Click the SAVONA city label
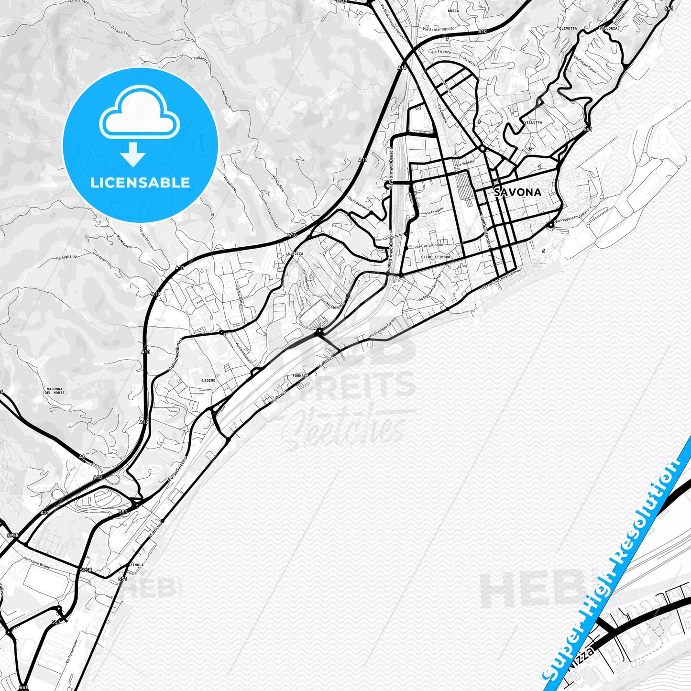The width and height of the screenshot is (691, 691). click(517, 192)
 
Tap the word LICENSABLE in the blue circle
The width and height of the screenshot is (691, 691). click(140, 183)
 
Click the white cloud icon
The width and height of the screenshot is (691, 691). click(139, 117)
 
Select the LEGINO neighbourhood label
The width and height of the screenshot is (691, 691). click(208, 380)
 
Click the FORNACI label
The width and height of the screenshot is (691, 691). click(300, 376)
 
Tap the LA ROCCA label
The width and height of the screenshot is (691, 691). click(294, 253)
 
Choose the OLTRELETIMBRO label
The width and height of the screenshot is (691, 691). click(436, 257)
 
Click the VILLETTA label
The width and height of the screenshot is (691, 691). click(533, 122)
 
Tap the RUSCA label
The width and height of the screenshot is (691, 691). click(453, 11)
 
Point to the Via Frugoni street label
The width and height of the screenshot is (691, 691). click(434, 211)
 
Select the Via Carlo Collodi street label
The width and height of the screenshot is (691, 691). click(429, 245)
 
